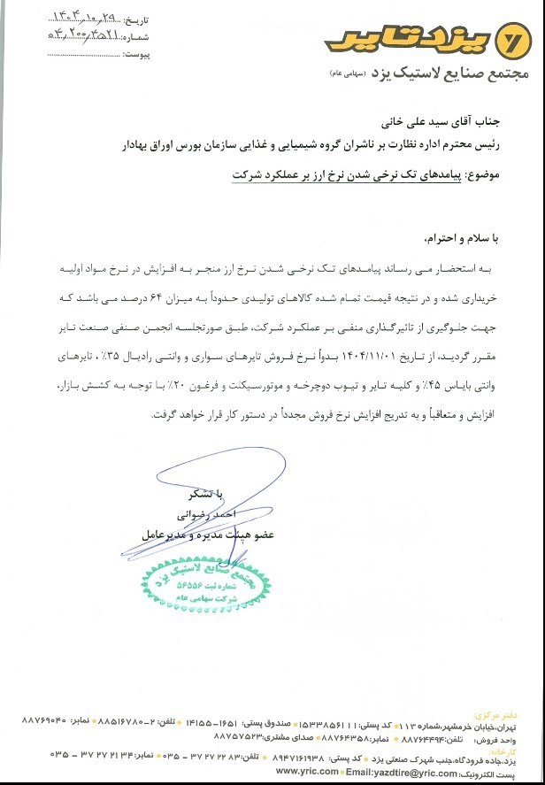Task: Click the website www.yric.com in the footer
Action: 307,771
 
